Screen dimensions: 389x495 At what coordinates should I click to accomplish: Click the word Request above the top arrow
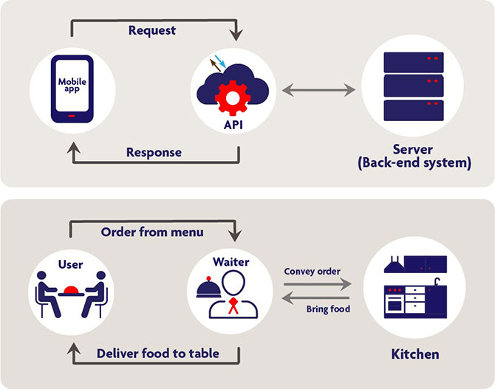pyautogui.click(x=152, y=30)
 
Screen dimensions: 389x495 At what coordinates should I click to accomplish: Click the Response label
pyautogui.click(x=154, y=153)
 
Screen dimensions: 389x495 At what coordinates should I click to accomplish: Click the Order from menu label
pyautogui.click(x=152, y=232)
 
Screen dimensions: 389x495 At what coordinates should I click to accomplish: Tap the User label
pyautogui.click(x=71, y=263)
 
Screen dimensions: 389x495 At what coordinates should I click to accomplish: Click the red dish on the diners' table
pyautogui.click(x=72, y=289)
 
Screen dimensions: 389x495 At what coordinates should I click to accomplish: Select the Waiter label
pyautogui.click(x=233, y=261)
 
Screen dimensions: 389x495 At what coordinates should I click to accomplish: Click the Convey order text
pyautogui.click(x=313, y=271)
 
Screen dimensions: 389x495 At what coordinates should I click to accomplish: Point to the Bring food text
pyautogui.click(x=328, y=309)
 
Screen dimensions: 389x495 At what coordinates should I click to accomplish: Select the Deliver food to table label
pyautogui.click(x=158, y=354)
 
